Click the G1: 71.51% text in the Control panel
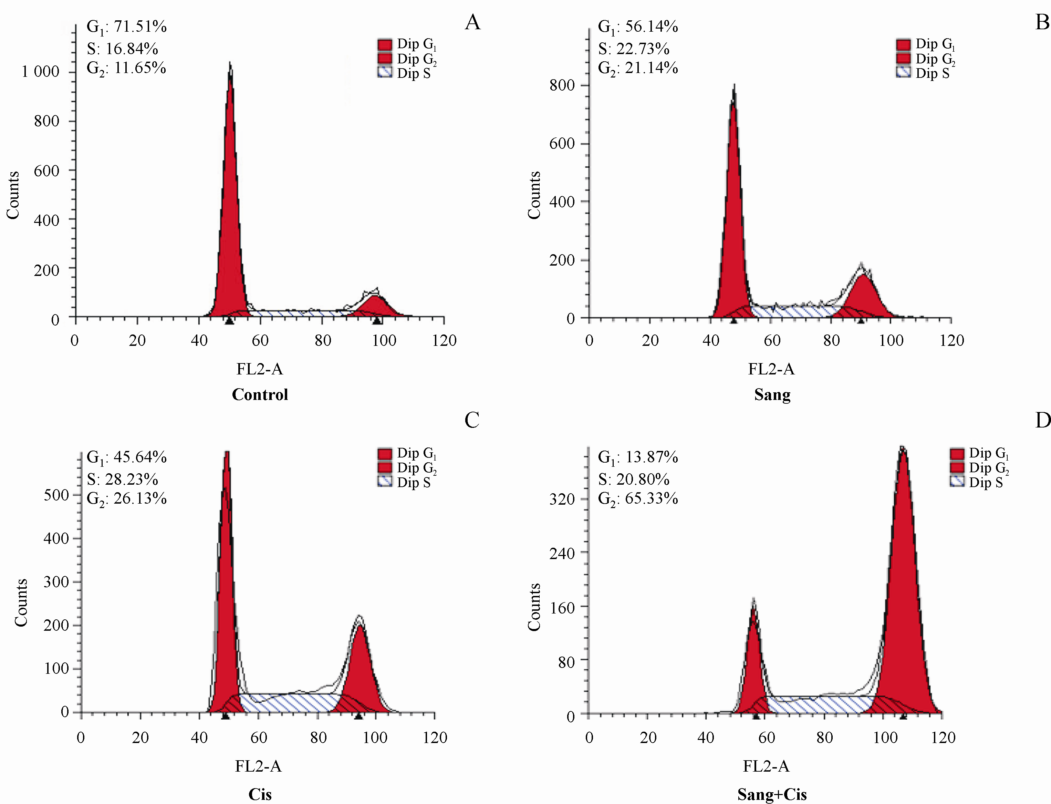click(x=126, y=27)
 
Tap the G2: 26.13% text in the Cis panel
click(x=126, y=499)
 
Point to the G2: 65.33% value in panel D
click(x=638, y=499)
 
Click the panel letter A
click(x=472, y=22)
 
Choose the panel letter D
click(x=1042, y=420)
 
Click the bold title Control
click(x=260, y=394)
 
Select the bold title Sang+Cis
click(x=772, y=794)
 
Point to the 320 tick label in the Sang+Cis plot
click(x=562, y=499)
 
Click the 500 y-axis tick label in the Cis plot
click(x=56, y=495)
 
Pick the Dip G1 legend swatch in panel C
click(x=385, y=453)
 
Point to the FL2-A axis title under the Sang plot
click(x=771, y=369)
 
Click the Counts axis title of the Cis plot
click(x=21, y=602)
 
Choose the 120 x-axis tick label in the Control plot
click(x=444, y=340)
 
